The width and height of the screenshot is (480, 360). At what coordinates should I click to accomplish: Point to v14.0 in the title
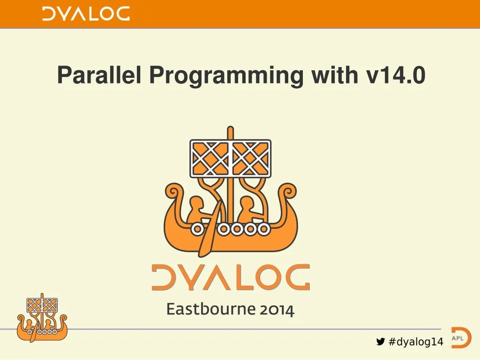coord(396,75)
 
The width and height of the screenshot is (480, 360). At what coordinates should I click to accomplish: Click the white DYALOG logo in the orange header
coord(86,14)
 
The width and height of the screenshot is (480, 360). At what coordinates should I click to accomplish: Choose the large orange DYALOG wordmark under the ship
coord(230,277)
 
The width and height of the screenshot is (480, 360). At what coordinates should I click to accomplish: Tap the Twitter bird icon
coord(381,342)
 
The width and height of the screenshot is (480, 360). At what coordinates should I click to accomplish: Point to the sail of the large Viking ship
coord(230,158)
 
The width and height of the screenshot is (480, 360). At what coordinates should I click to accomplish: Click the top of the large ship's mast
coord(230,129)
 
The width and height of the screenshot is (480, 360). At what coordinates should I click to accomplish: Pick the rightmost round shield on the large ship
coord(264,229)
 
